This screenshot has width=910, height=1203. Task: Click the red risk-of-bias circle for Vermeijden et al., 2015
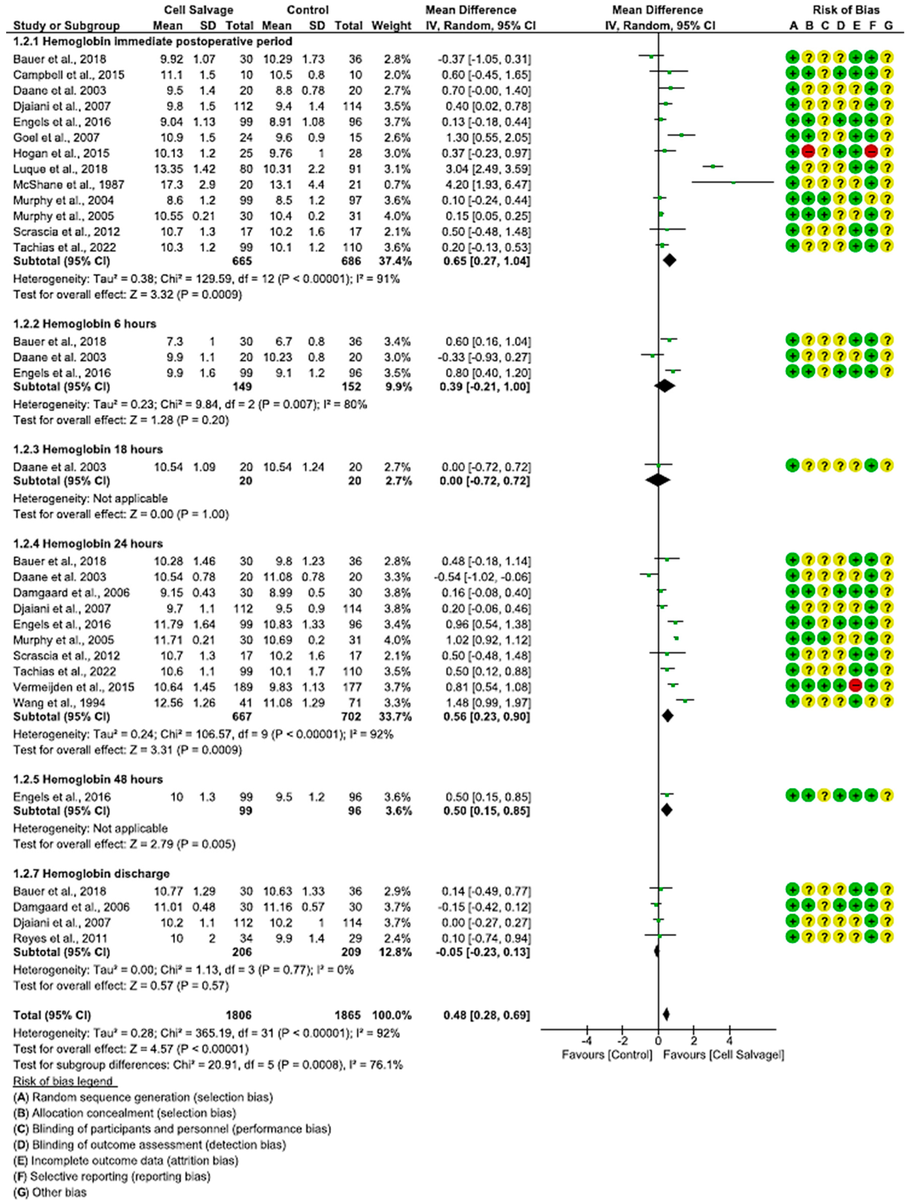[856, 686]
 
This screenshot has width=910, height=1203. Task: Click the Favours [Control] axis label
[607, 1055]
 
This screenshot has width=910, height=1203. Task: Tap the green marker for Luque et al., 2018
[713, 166]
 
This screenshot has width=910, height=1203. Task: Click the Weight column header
[391, 25]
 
